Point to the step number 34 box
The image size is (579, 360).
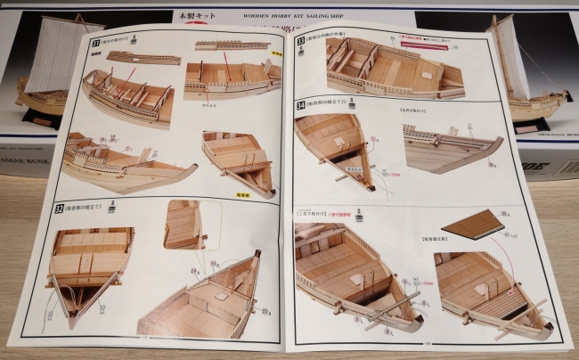point(300,104)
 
